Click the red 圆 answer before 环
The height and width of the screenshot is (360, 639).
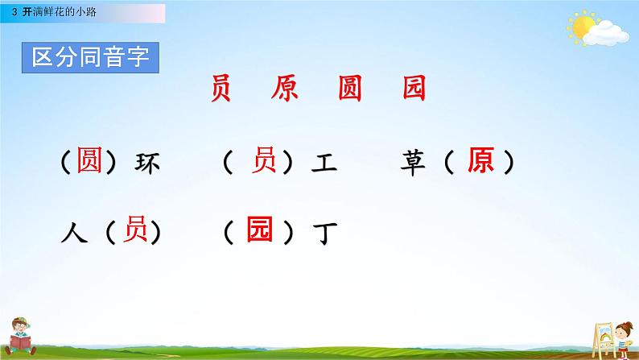[89, 163]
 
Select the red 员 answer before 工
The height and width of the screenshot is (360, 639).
[265, 162]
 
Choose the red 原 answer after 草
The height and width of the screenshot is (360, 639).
[480, 163]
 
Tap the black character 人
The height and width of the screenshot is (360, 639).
[73, 234]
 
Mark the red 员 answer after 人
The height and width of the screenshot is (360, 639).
[133, 232]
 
